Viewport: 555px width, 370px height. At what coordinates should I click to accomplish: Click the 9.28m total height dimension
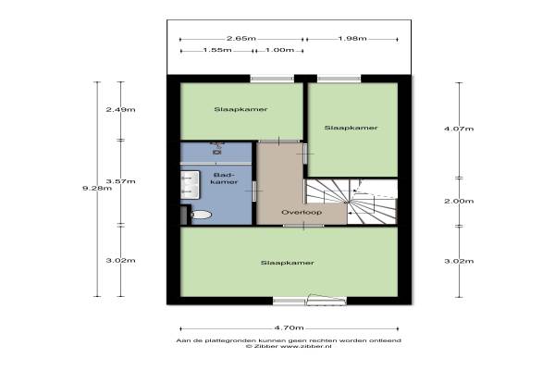97,188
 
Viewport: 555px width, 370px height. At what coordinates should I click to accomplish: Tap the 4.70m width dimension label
289,327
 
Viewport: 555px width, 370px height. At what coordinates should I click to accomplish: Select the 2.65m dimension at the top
241,38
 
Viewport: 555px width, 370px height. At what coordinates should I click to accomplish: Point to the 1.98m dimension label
352,38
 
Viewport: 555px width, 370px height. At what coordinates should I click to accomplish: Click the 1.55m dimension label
217,50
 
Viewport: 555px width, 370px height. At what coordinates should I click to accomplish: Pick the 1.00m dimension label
279,50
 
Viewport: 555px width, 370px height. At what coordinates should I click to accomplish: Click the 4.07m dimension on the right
459,129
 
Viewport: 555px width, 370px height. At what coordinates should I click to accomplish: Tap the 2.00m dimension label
459,201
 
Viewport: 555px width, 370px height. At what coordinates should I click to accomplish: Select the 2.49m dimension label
120,109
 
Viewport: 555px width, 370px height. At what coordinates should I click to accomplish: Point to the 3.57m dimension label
120,181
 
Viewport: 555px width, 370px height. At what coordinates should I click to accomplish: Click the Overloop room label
302,212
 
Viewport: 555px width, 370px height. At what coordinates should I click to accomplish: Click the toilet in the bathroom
201,215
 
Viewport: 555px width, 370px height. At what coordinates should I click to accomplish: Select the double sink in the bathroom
190,184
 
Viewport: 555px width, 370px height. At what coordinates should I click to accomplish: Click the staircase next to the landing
351,202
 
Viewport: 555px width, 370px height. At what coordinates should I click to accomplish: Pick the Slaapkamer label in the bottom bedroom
288,263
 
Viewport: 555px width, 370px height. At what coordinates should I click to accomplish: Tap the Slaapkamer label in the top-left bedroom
240,109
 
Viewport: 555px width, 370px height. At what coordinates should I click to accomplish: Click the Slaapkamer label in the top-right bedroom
351,128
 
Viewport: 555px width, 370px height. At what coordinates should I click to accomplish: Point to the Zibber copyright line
289,346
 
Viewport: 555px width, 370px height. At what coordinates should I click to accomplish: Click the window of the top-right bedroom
339,79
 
